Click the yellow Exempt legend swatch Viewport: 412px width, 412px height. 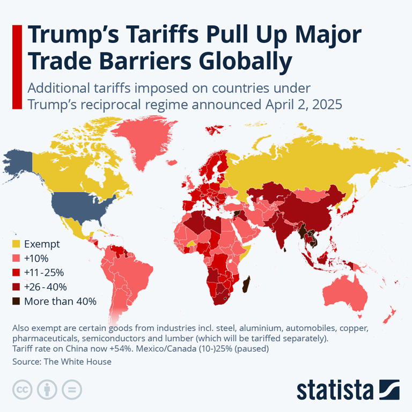[16, 244]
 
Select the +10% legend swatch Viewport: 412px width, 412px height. [16, 259]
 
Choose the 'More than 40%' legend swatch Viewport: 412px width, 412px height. [16, 301]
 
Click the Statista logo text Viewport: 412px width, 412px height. [335, 389]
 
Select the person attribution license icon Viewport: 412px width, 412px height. [47, 389]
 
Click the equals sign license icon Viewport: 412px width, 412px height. [71, 389]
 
